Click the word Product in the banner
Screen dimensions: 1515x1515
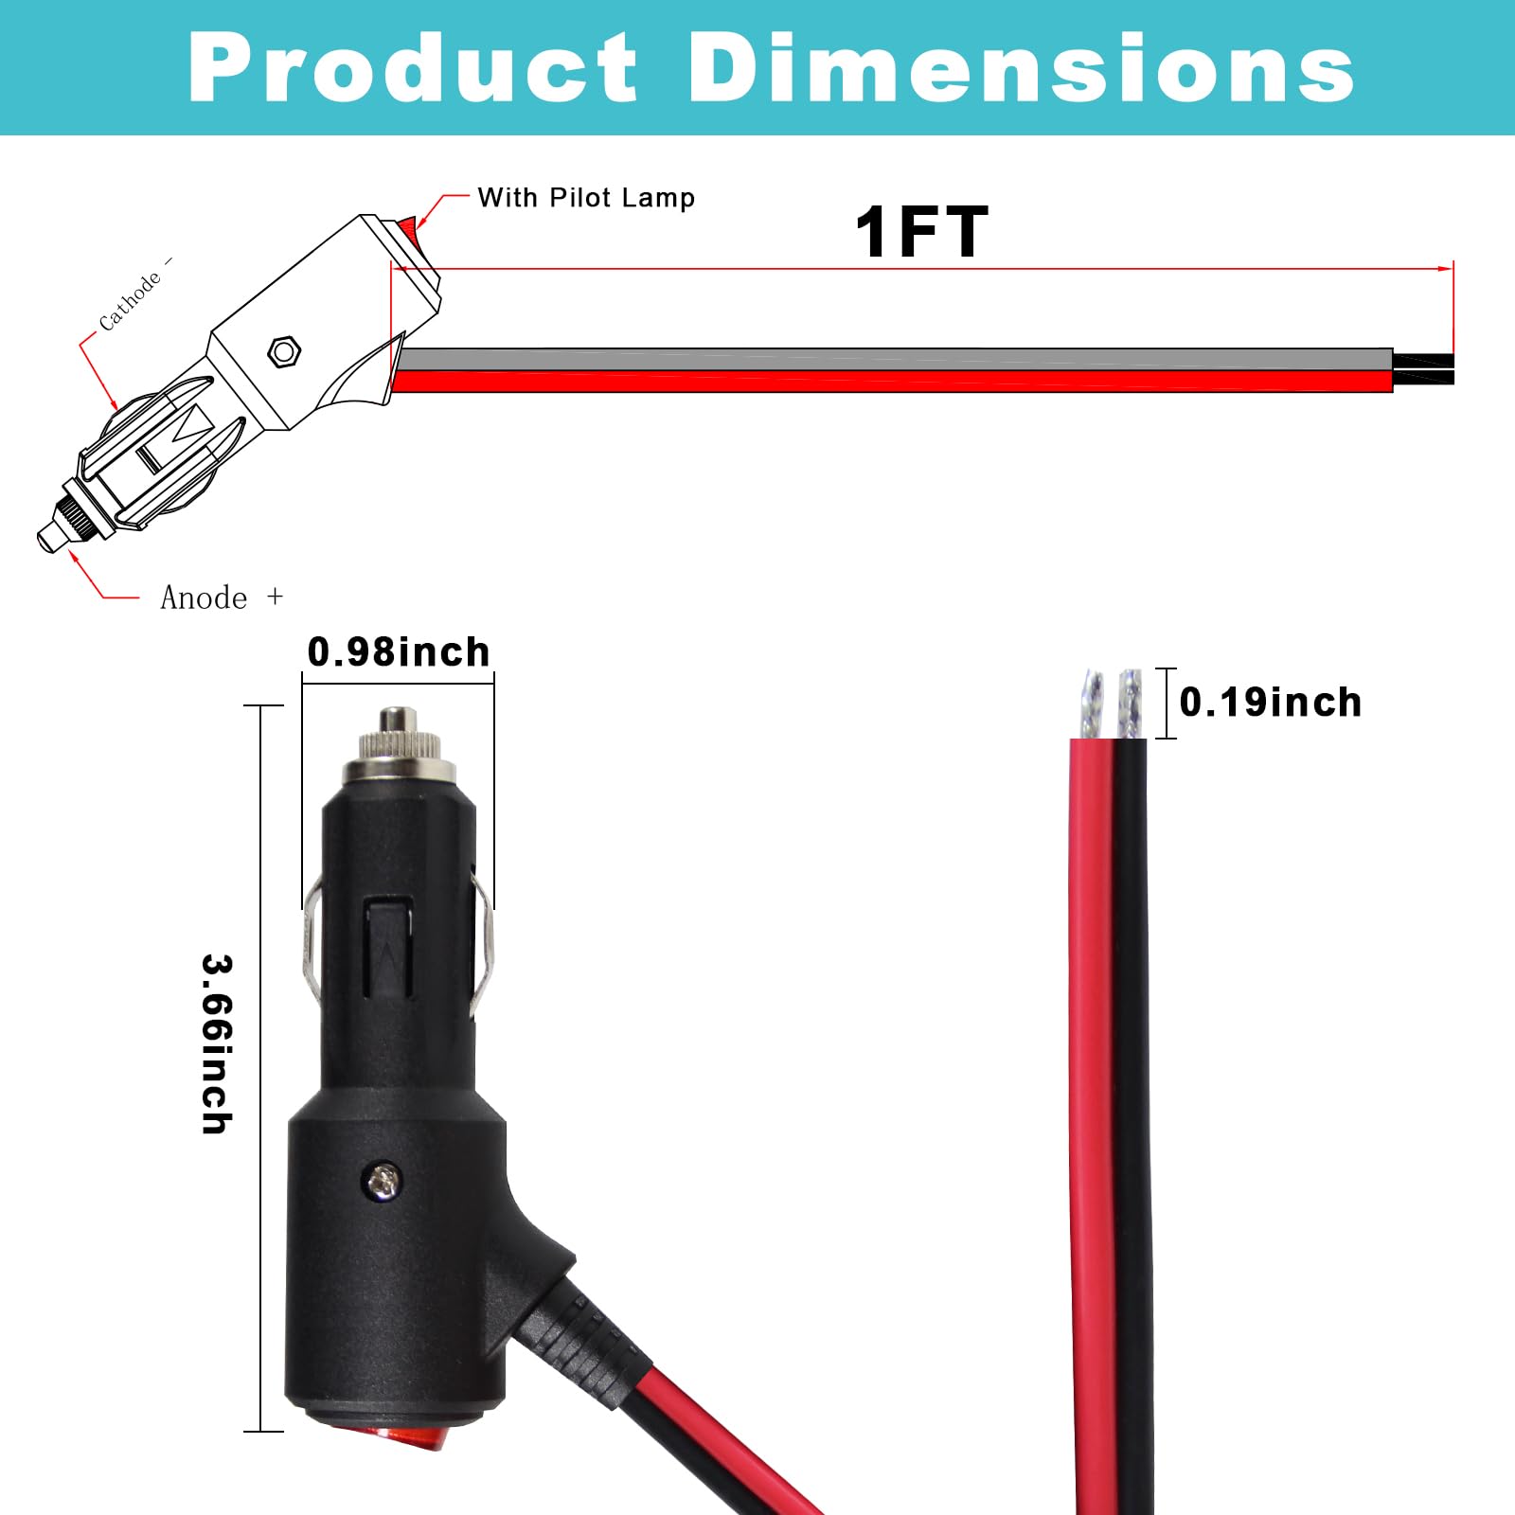click(x=413, y=68)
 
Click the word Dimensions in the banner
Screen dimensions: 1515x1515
click(x=1021, y=68)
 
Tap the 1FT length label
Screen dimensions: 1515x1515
click(x=920, y=233)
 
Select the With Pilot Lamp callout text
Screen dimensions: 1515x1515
click(x=586, y=198)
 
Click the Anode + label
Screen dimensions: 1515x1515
click(x=222, y=597)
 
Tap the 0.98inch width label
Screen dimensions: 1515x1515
click(x=399, y=652)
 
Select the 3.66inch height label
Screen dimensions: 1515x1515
click(x=217, y=1043)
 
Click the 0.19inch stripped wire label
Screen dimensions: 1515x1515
click(x=1271, y=703)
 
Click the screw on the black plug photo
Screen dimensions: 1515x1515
click(x=383, y=1180)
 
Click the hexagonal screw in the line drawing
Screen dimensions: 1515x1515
click(x=284, y=351)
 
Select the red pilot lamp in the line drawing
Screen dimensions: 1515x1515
click(x=407, y=227)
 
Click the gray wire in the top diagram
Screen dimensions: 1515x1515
click(x=890, y=359)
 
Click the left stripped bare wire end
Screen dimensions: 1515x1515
click(x=1092, y=704)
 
